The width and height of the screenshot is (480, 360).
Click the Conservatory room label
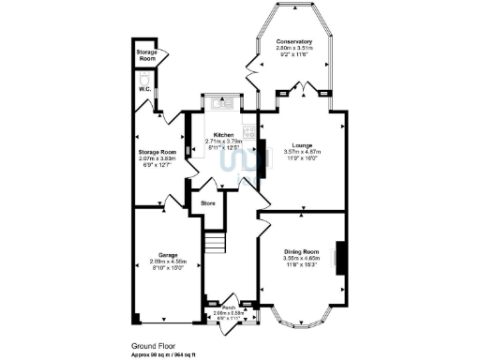click(293, 42)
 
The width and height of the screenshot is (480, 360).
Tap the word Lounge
click(302, 145)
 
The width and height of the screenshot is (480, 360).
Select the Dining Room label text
click(302, 252)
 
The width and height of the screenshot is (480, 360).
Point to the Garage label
click(169, 255)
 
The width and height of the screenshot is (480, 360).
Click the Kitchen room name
click(223, 135)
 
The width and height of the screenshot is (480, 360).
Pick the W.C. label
click(145, 90)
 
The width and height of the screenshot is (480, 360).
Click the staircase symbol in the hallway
click(217, 244)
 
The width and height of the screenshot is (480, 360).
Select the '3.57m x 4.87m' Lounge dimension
click(302, 152)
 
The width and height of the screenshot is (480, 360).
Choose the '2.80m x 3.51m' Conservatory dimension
click(293, 49)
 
